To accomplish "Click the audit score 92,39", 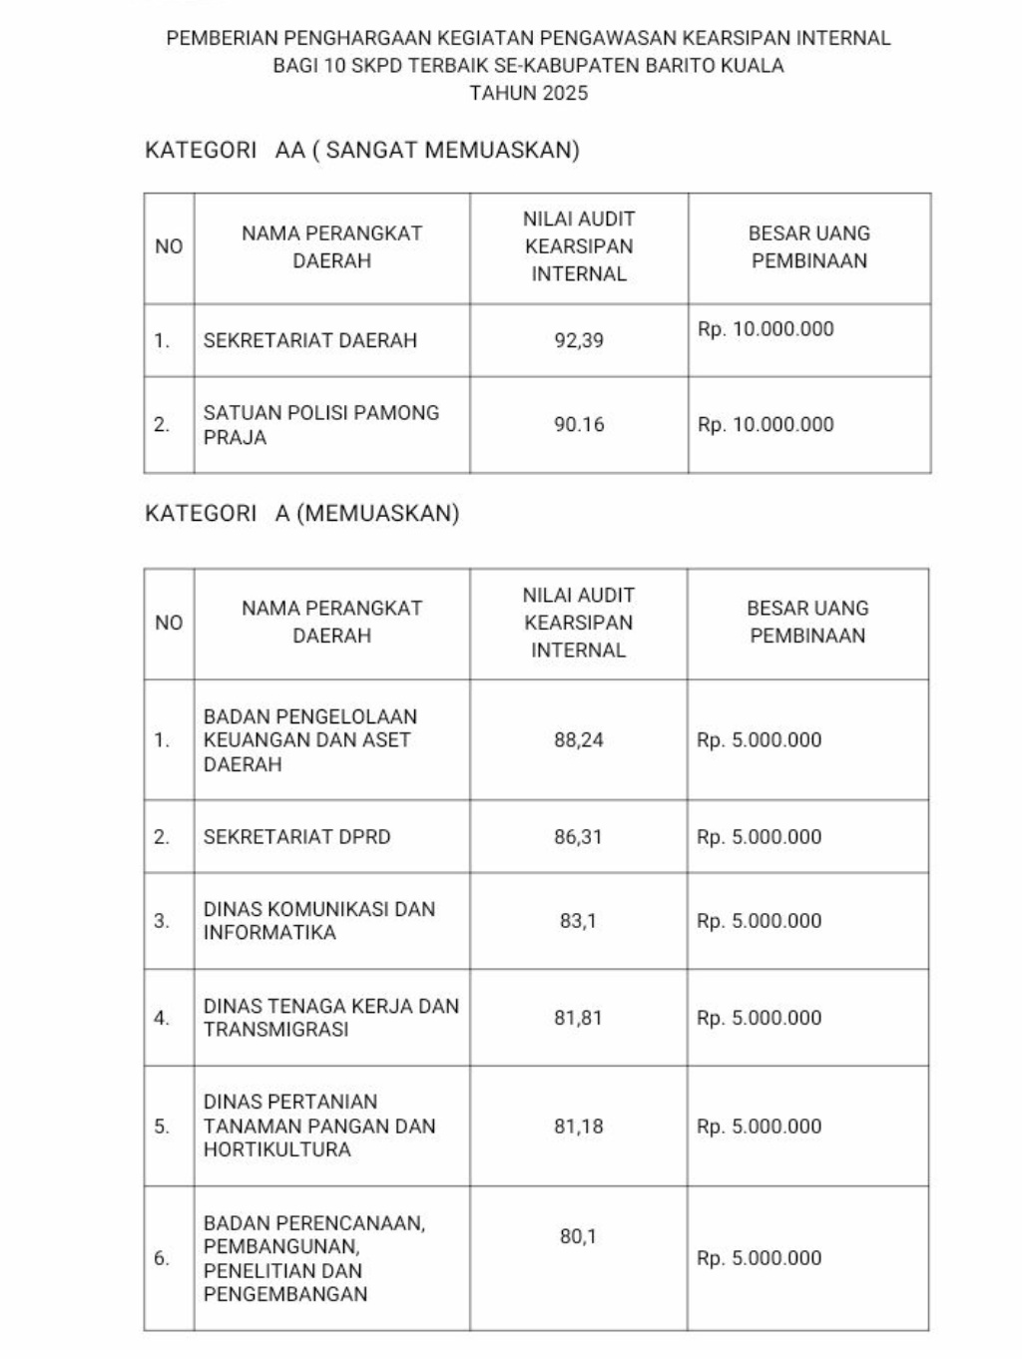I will pos(579,340).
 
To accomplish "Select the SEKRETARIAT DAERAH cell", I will pos(309,340).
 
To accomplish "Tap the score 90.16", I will pos(579,425).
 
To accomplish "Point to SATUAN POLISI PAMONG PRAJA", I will pos(320,425).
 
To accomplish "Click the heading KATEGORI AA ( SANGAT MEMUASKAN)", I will pos(362,151).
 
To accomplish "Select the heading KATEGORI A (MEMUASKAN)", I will pos(302,514).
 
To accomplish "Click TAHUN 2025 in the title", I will pos(528,94).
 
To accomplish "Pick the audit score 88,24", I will pos(579,740).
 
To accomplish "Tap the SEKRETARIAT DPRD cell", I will pos(296,837).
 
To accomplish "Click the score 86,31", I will pos(579,837).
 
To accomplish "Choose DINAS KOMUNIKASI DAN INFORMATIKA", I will pos(318,921).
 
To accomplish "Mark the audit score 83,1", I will pos(578,921).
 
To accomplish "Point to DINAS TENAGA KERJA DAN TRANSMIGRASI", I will pos(330,1018).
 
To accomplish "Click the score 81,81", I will pos(579,1018).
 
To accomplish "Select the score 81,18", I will pos(579,1127).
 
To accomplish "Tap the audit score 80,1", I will pos(578,1237).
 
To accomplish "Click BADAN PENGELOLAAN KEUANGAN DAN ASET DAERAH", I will pos(309,740).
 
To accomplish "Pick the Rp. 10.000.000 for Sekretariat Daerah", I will pos(766,330).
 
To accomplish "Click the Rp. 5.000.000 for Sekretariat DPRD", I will pos(759,837).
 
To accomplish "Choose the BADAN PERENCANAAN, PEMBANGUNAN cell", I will pos(313,1258).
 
